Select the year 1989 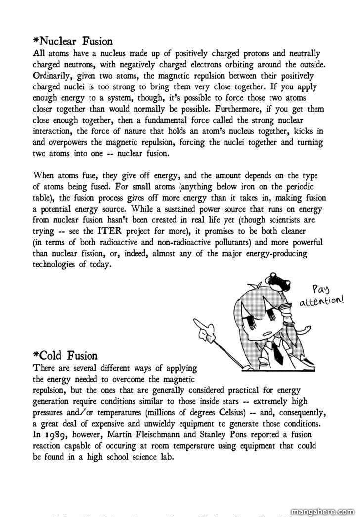click(x=54, y=435)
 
